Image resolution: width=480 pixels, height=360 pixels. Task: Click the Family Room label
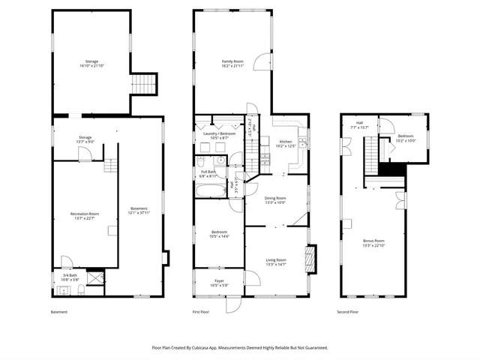(x=232, y=61)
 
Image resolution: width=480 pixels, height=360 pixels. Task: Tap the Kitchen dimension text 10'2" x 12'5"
(x=286, y=145)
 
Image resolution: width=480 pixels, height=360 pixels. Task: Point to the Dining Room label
(x=275, y=197)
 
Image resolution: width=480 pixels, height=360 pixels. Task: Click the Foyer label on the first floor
(x=219, y=281)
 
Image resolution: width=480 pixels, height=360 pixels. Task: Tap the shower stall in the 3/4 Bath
(x=94, y=278)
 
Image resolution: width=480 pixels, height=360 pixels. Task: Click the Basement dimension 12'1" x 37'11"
(x=139, y=212)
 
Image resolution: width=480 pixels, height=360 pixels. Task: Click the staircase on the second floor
(x=372, y=158)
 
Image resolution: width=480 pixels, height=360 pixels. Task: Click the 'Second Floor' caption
(x=348, y=312)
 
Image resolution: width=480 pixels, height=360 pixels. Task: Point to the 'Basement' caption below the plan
(x=59, y=312)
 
